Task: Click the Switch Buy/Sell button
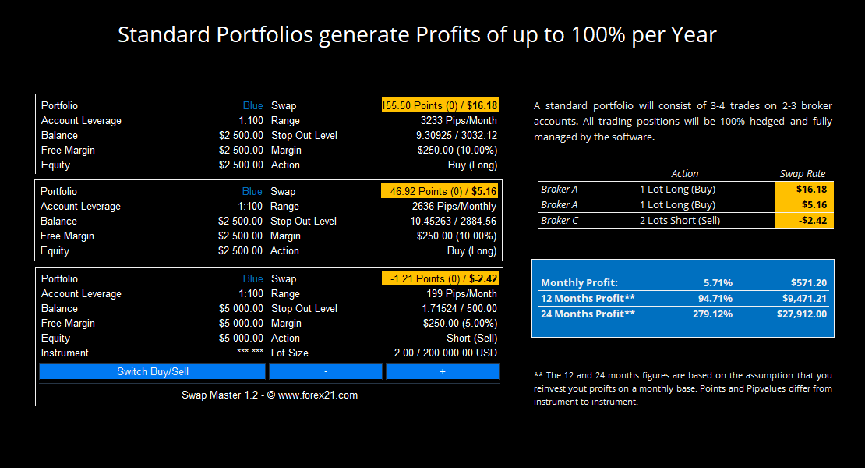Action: point(152,371)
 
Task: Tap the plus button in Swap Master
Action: point(443,371)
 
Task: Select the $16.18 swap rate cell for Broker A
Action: point(803,190)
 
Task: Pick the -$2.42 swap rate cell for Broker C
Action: point(803,220)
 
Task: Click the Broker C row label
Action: point(560,220)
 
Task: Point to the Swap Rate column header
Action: point(802,173)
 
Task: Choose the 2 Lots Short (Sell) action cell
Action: point(680,220)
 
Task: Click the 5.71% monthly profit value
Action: point(718,282)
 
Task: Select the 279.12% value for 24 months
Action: point(713,314)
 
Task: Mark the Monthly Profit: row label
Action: point(579,282)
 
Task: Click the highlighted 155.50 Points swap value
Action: point(440,105)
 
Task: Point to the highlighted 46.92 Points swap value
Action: point(440,192)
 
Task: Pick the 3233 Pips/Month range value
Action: point(458,120)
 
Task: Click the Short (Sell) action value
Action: point(471,339)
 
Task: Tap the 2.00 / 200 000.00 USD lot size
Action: point(445,353)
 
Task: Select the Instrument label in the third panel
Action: point(65,353)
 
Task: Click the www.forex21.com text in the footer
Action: point(318,395)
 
